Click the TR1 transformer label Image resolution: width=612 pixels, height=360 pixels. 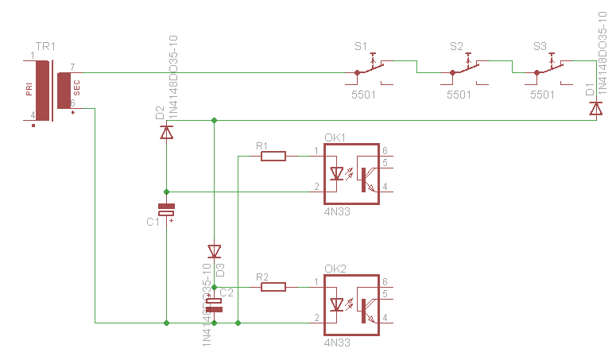click(46, 48)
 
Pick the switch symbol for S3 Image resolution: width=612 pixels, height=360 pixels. click(548, 68)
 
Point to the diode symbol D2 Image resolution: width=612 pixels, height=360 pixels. click(166, 133)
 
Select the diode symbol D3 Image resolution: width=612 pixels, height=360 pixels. click(214, 251)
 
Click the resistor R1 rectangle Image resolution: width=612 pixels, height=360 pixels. click(273, 157)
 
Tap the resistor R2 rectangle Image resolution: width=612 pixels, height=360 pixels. click(273, 287)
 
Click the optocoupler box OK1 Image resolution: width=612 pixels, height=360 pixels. click(351, 174)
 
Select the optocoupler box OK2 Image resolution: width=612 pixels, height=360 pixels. click(351, 304)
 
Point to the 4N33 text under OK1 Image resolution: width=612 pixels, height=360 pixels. click(337, 212)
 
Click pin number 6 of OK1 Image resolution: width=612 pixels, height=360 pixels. click(385, 151)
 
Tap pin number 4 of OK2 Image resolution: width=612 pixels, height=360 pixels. click(385, 318)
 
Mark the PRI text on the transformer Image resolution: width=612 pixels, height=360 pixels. click(29, 91)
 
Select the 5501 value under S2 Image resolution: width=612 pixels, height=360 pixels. click(459, 95)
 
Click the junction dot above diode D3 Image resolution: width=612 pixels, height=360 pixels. click(214, 120)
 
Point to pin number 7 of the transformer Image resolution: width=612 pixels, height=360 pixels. click(72, 67)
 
